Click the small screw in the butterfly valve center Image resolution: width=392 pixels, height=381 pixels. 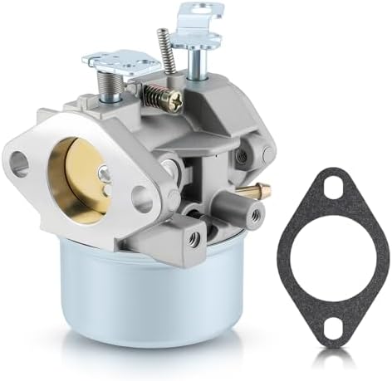coord(102,173)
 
